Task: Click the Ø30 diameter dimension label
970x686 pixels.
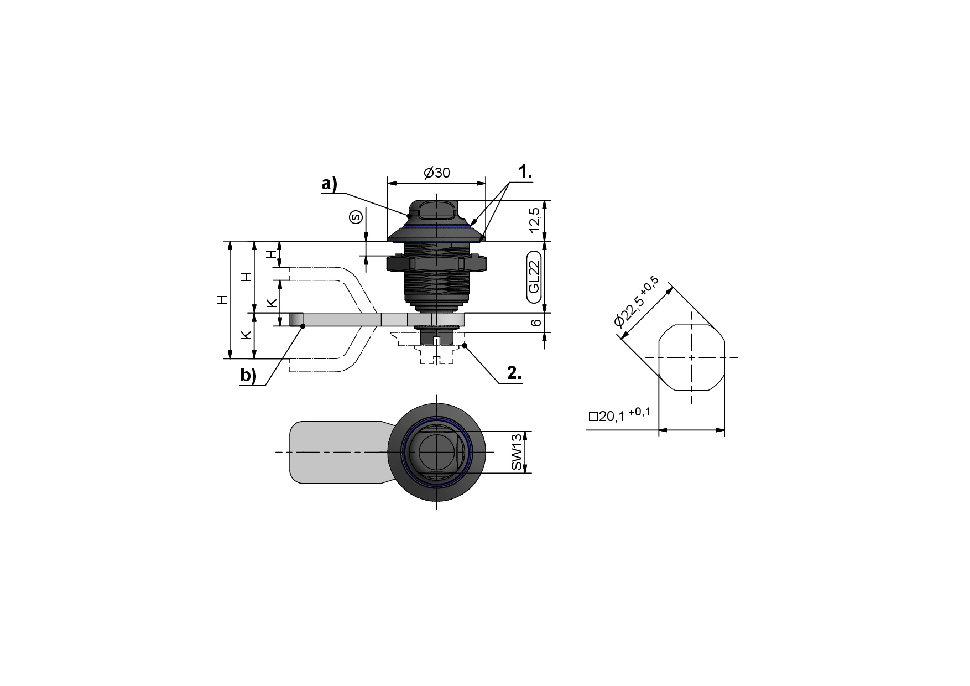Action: click(437, 173)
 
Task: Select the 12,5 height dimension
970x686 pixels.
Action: click(534, 221)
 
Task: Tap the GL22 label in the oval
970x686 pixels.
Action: click(534, 277)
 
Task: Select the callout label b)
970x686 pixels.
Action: click(248, 375)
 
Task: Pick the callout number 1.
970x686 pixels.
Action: click(525, 172)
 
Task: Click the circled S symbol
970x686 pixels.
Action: click(356, 217)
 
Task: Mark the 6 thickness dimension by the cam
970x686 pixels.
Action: click(535, 322)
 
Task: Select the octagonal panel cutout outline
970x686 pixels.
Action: click(692, 358)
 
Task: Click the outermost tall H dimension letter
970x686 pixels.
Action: click(222, 300)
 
